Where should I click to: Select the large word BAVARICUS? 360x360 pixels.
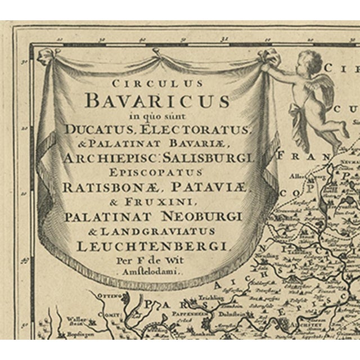157,102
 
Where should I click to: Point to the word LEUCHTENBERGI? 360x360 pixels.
156,245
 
